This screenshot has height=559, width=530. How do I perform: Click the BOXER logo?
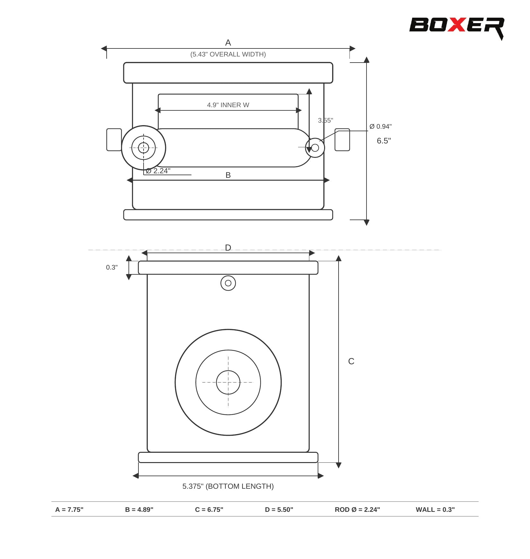pyautogui.click(x=456, y=26)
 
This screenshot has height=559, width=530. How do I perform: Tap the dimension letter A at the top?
pyautogui.click(x=228, y=43)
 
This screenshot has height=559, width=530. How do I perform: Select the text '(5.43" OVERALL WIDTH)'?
pyautogui.click(x=228, y=54)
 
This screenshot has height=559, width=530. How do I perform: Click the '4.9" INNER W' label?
pyautogui.click(x=228, y=105)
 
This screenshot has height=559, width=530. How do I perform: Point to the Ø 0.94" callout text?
pyautogui.click(x=380, y=126)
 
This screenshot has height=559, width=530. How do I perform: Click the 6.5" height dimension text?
pyautogui.click(x=384, y=141)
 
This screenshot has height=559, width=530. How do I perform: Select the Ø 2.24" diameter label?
pyautogui.click(x=158, y=171)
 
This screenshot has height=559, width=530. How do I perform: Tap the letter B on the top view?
pyautogui.click(x=228, y=175)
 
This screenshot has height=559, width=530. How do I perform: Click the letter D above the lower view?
pyautogui.click(x=228, y=247)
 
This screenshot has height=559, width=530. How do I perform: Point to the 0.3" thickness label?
pyautogui.click(x=112, y=267)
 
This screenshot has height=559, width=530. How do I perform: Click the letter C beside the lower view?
pyautogui.click(x=351, y=361)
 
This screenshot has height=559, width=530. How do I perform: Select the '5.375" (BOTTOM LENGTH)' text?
pyautogui.click(x=228, y=486)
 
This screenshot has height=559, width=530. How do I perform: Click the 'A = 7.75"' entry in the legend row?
pyautogui.click(x=69, y=510)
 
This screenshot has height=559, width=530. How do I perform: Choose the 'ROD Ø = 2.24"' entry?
pyautogui.click(x=357, y=510)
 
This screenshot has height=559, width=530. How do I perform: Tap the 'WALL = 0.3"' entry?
pyautogui.click(x=435, y=510)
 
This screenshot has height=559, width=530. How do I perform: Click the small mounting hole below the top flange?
pyautogui.click(x=228, y=283)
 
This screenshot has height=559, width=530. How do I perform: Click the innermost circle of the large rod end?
pyautogui.click(x=228, y=382)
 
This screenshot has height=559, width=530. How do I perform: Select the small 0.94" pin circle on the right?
pyautogui.click(x=315, y=148)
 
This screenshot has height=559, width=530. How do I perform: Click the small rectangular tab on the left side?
pyautogui.click(x=114, y=140)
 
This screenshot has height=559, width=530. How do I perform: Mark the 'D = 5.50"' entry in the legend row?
pyautogui.click(x=279, y=510)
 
